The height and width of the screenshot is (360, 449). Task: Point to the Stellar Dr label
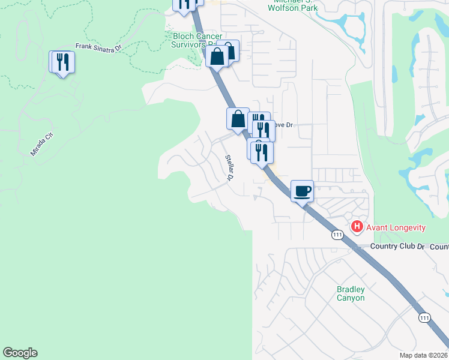coord(229,167)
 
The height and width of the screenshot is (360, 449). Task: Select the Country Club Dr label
coord(397,247)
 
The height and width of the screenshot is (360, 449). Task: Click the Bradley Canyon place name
coord(351,293)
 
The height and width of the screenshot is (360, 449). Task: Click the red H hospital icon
coord(357,227)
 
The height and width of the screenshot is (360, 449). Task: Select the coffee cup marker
coord(303,191)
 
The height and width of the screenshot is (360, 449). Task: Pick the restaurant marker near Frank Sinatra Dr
coord(62,62)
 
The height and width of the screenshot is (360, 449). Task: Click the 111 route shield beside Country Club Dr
coord(338,235)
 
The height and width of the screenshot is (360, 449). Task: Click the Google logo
coord(20,353)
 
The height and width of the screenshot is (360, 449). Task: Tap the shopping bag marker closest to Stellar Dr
coord(238,118)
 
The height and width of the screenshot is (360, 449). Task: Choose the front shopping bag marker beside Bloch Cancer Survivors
coord(217,57)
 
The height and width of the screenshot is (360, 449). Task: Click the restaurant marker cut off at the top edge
coord(184,4)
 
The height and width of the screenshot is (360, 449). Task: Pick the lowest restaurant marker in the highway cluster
coord(262,152)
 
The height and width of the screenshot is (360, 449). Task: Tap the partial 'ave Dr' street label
coord(283,125)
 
